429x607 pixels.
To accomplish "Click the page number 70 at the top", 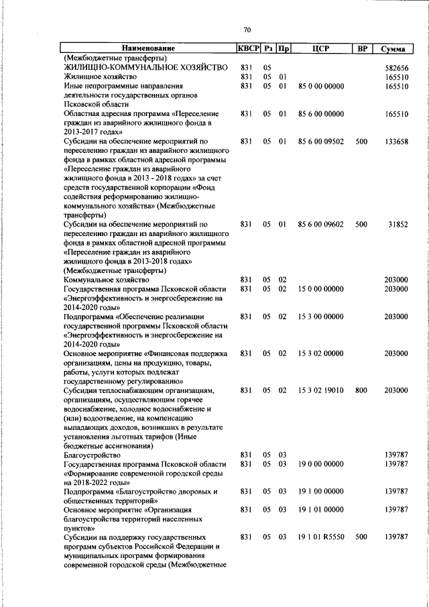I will (x=247, y=30).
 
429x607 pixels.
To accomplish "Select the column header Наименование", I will (x=148, y=49).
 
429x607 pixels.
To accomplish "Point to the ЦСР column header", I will (x=319, y=49).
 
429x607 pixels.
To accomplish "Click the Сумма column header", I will (x=391, y=49).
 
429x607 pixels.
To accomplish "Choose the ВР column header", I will (x=362, y=49).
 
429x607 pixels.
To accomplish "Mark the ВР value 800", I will (x=361, y=390).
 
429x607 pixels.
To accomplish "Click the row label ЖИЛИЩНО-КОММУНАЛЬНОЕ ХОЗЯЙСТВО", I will (x=145, y=68).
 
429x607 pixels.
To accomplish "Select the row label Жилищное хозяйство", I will (x=101, y=77).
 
